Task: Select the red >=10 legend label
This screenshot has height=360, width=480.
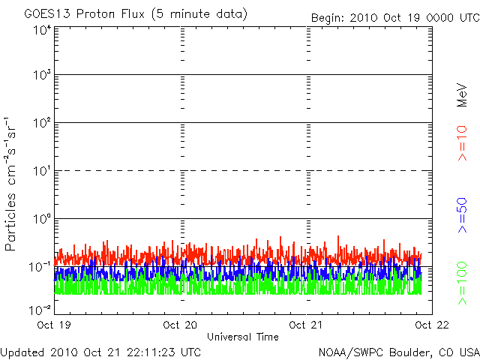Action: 463,142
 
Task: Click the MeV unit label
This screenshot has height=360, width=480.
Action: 463,93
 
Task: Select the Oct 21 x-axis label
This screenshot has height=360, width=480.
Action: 307,325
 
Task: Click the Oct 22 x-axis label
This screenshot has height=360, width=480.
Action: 432,325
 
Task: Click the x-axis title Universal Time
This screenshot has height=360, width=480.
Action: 242,337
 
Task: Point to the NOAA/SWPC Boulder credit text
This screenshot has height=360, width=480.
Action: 398,351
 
